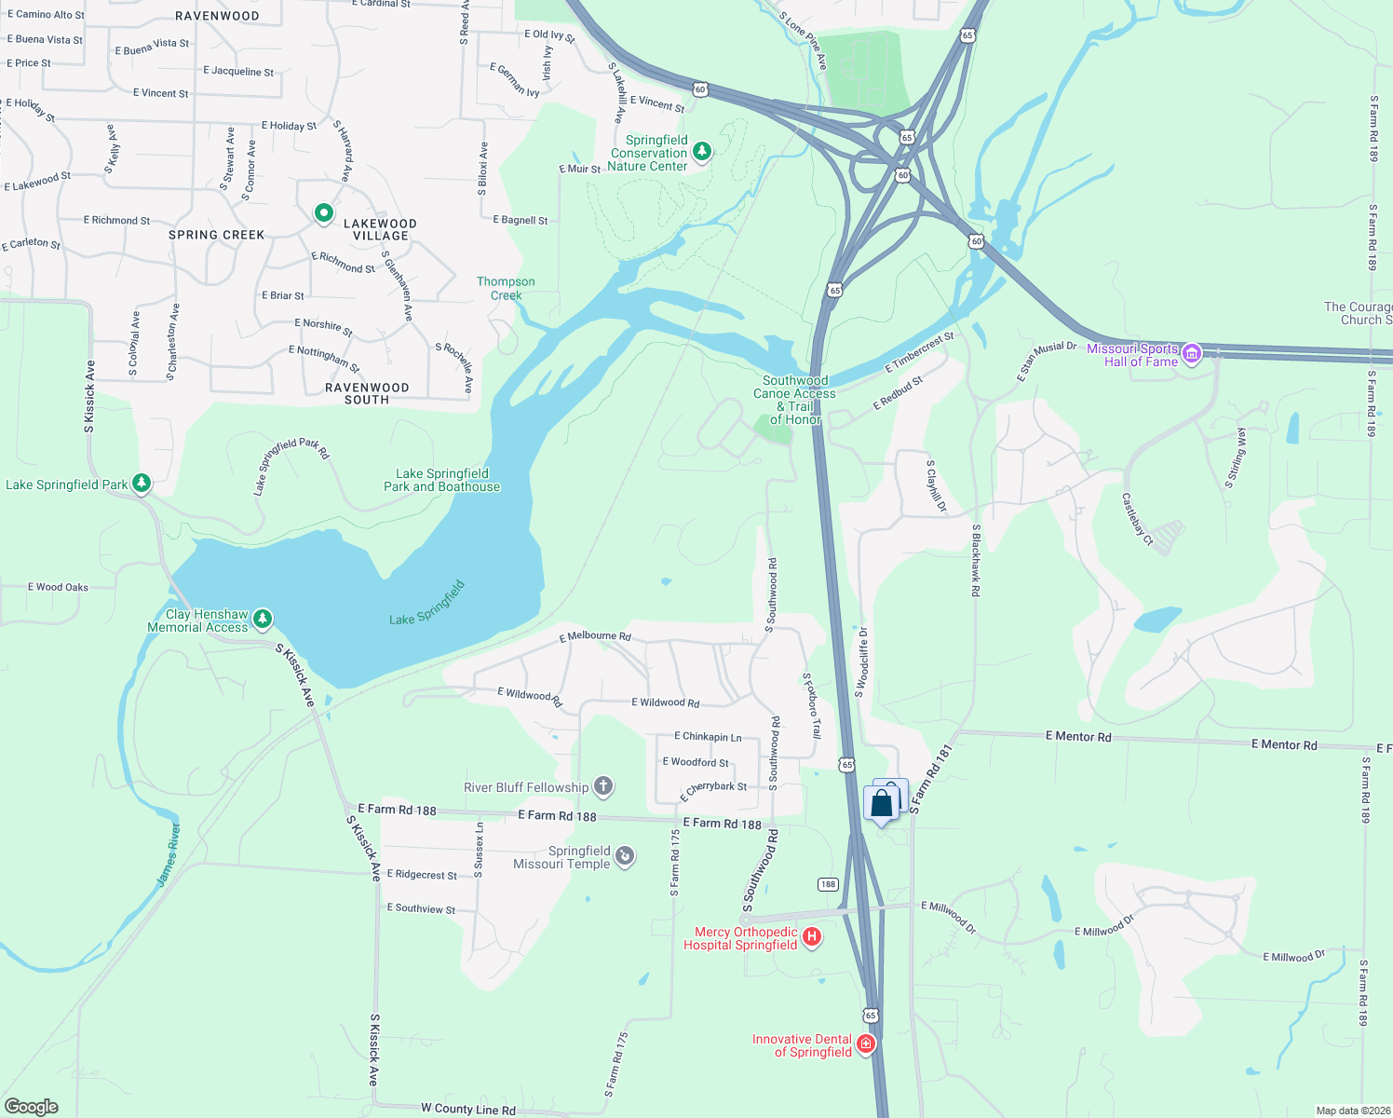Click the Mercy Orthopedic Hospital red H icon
click(x=812, y=936)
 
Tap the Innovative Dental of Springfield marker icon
click(x=866, y=1043)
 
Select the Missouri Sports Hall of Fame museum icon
click(x=1192, y=352)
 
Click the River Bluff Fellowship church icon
click(x=603, y=786)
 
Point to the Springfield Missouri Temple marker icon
click(x=625, y=855)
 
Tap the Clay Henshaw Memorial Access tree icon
click(x=263, y=619)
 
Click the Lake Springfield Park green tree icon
click(x=142, y=483)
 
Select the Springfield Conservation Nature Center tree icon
click(x=702, y=151)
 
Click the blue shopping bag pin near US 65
click(x=882, y=803)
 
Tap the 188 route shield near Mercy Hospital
click(x=828, y=884)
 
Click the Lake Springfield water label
click(x=426, y=604)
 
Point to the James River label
click(x=168, y=854)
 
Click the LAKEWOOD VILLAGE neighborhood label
click(x=380, y=229)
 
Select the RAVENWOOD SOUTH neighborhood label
click(x=367, y=393)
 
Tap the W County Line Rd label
click(x=468, y=1109)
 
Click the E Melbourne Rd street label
click(x=595, y=636)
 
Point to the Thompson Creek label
click(x=506, y=288)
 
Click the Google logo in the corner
click(x=32, y=1106)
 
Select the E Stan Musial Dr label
click(x=1046, y=361)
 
